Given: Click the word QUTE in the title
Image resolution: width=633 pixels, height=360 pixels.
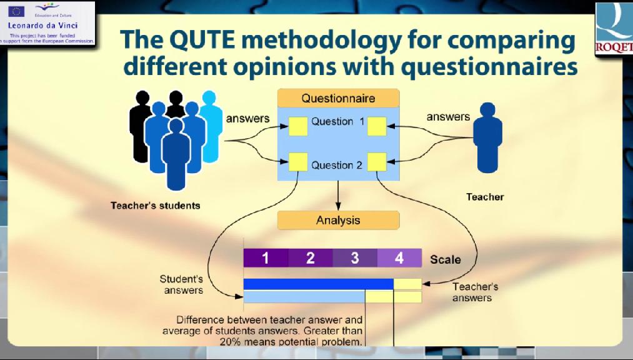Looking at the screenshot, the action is click(x=202, y=39).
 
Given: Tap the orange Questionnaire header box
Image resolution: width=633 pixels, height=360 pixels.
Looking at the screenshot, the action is click(x=338, y=98).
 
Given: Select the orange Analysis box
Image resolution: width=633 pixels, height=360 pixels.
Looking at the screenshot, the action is click(x=338, y=221).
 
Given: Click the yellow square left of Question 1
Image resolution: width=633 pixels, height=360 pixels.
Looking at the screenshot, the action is click(x=298, y=126).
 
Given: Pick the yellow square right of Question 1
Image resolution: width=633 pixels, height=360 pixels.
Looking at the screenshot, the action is click(x=377, y=126).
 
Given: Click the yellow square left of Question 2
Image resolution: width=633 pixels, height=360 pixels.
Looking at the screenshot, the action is click(x=298, y=162).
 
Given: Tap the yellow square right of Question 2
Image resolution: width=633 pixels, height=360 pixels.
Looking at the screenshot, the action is click(x=377, y=162).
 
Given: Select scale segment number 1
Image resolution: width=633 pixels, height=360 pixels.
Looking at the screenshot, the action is click(x=266, y=258).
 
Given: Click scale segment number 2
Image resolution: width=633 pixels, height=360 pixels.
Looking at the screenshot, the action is click(x=311, y=258).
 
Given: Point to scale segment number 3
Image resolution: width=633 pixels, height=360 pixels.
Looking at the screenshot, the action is click(x=356, y=258).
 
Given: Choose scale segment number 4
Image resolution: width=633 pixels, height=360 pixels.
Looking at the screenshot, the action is click(x=400, y=258).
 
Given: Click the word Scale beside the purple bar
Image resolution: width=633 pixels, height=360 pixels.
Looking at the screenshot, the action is click(x=446, y=259).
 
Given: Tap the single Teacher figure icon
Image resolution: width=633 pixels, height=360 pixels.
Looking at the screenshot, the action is click(x=487, y=137).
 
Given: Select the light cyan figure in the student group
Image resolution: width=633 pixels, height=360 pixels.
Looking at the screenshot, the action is click(x=211, y=126).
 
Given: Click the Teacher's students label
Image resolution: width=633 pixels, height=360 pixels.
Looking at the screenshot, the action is click(x=156, y=206).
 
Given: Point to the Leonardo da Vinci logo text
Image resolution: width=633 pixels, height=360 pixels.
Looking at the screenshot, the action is click(x=42, y=25).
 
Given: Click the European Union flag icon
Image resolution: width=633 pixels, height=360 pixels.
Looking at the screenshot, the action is click(x=16, y=11).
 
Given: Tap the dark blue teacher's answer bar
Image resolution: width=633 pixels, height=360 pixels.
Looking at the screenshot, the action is click(x=319, y=284).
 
